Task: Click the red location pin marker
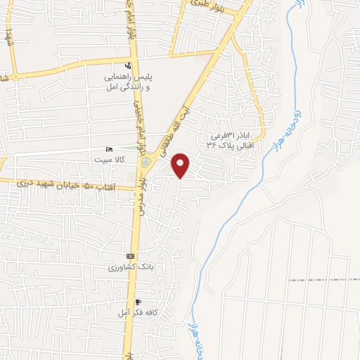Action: [x=181, y=165]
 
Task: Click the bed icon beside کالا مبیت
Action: [x=108, y=150]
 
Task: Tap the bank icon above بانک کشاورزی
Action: [x=130, y=257]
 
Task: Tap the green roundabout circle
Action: [x=146, y=162]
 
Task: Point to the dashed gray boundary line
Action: [x=323, y=280]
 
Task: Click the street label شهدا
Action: [x=9, y=35]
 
